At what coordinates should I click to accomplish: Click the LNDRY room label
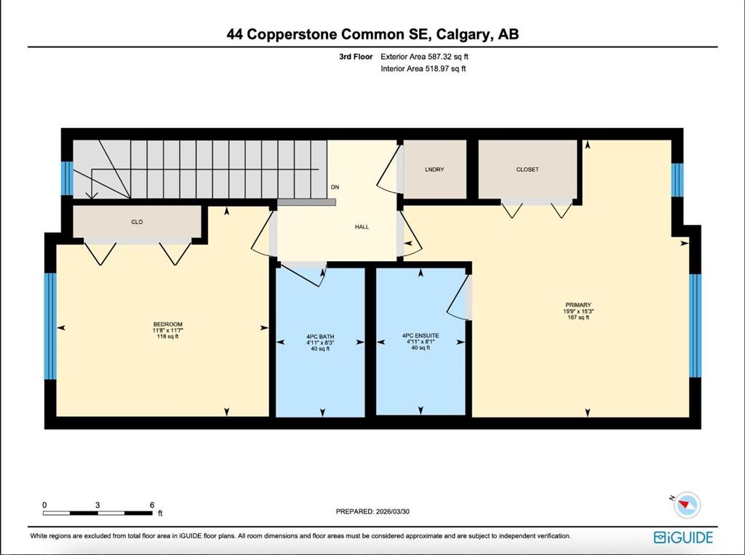pos(434,169)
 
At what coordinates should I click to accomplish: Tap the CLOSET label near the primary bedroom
pos(527,169)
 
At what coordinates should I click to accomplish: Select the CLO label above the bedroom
pos(137,222)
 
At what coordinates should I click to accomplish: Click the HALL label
pos(362,227)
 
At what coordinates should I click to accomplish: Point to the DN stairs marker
pos(335,188)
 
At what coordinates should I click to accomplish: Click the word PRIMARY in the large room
pos(578,305)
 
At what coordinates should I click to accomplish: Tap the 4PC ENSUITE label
pos(421,335)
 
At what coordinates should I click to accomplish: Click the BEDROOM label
pos(167,324)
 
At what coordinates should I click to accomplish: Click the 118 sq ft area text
pos(167,336)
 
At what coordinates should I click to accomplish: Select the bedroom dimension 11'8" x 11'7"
pos(167,330)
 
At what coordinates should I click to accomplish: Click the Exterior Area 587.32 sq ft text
pos(429,56)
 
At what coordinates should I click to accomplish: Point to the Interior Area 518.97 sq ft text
pos(423,69)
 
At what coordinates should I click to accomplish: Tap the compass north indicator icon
pos(686,503)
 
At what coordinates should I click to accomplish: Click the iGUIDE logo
pos(683,538)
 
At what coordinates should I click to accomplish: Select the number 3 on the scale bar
pos(97,504)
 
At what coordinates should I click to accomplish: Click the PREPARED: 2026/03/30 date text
pos(378,511)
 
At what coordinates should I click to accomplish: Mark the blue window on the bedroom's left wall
pos(50,326)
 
